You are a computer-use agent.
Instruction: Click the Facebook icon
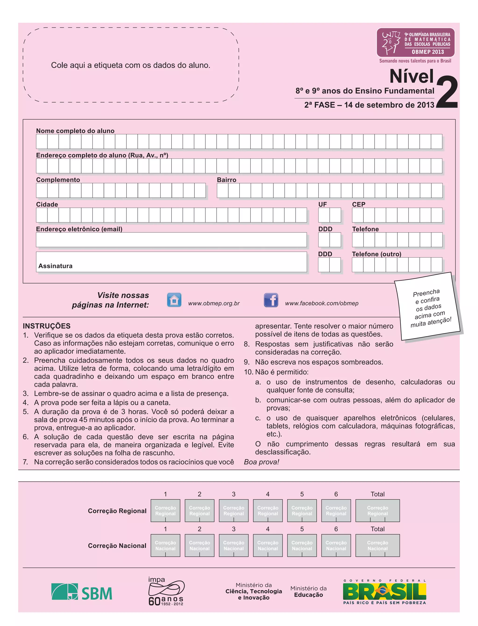pos(271,300)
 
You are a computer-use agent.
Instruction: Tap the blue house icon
pos(174,300)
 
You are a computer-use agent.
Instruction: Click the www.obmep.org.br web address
pos(214,303)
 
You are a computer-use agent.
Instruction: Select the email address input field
pos(171,239)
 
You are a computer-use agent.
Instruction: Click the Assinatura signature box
pos(171,262)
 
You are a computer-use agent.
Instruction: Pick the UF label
pos(322,204)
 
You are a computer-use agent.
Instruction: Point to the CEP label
pos(358,204)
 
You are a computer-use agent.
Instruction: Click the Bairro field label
pos(226,180)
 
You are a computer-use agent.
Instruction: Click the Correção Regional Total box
pos(378,510)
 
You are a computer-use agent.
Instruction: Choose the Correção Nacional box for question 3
pos(234,545)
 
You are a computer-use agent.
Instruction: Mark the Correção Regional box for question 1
pos(165,510)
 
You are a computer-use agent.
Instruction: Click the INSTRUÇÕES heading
pos(47,326)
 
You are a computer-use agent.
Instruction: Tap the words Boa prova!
pos(261,462)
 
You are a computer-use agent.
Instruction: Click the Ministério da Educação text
pos(308,591)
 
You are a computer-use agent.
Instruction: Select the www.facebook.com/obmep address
pos(322,303)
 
